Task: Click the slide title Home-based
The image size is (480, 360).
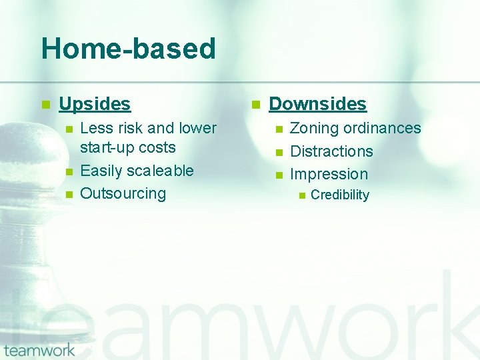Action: pos(128,49)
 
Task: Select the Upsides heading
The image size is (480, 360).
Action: pos(95,104)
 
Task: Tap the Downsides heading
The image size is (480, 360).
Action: pos(317,104)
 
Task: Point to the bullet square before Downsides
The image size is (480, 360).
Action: pos(255,105)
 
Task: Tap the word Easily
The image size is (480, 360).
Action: pos(101,171)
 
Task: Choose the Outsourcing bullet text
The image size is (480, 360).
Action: pos(123,193)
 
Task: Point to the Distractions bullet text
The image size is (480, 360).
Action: pos(331,151)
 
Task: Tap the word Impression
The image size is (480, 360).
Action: pos(329,175)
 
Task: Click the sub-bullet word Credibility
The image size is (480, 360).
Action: pos(339,195)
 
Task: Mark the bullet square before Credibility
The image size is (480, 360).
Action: pos(301,195)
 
